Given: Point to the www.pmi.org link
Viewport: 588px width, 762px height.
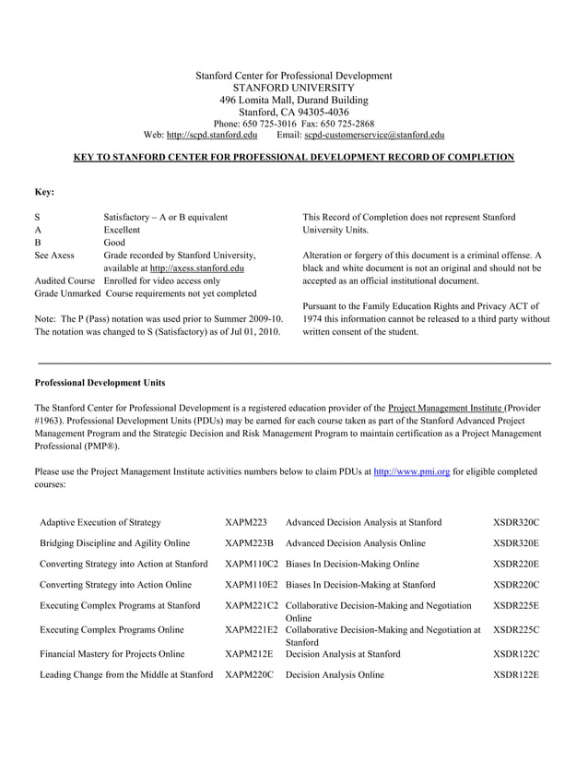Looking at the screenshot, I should tap(411, 471).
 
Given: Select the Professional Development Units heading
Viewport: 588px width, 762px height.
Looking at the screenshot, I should tap(100, 382).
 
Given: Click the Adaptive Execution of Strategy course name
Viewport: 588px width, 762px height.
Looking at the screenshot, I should tap(100, 522).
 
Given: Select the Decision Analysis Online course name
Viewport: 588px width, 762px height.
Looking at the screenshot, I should tap(335, 675).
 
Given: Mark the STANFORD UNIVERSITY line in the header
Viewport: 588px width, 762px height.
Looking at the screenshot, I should tap(293, 88).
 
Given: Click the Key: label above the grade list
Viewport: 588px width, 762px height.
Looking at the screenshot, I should tap(44, 192).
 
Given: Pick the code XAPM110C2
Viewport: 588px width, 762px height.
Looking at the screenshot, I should tap(252, 564).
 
